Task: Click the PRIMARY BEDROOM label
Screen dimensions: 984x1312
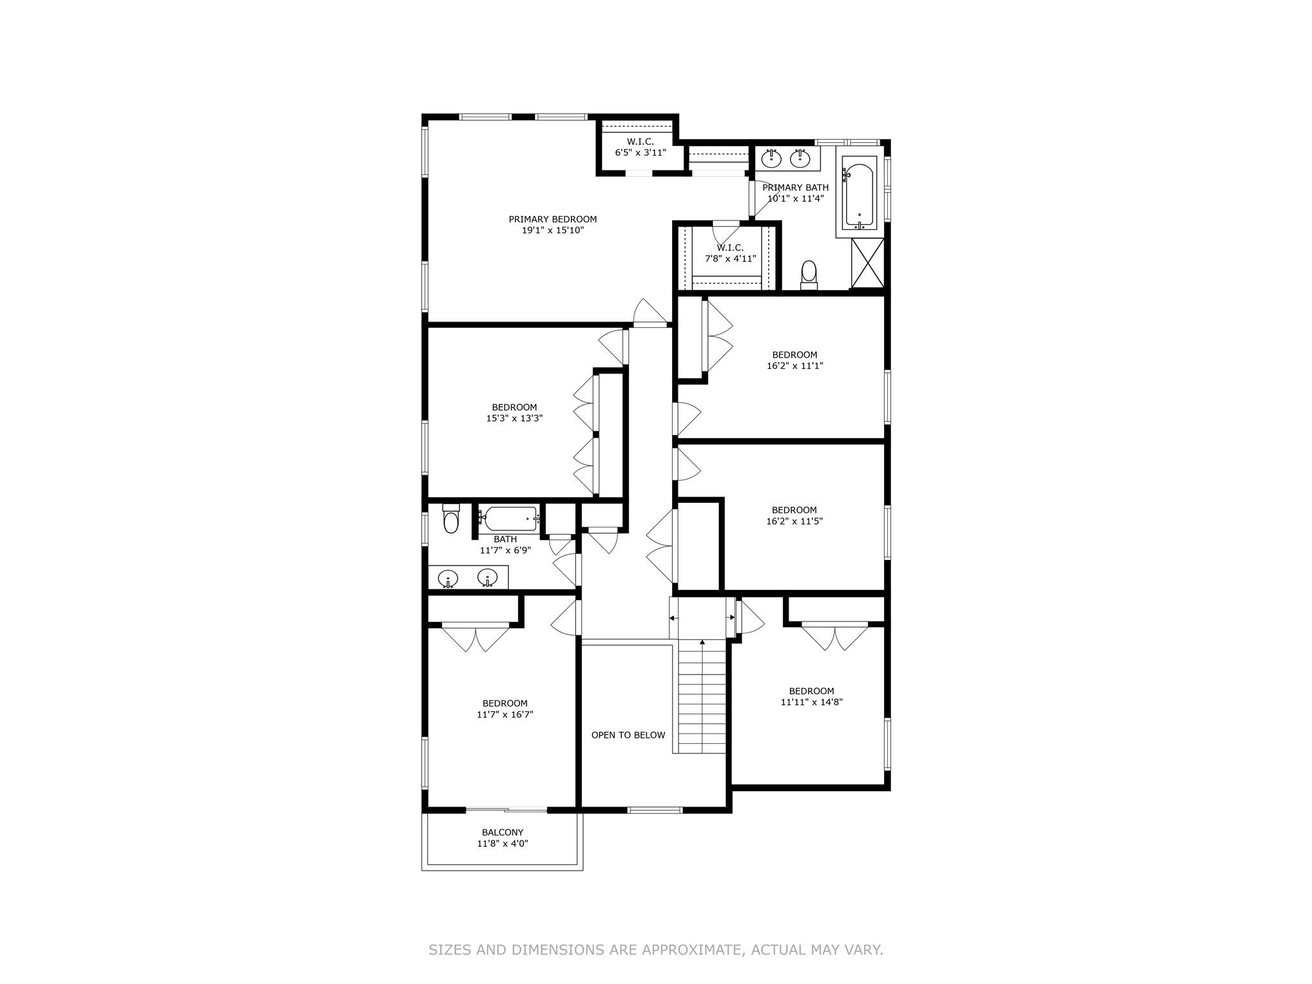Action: point(552,219)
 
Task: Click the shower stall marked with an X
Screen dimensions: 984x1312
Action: point(867,263)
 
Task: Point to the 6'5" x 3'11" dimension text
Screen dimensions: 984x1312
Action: point(640,153)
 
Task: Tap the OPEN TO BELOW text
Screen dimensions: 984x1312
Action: point(628,735)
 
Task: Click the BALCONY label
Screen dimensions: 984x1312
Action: point(502,832)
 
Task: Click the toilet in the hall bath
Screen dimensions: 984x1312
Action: point(451,520)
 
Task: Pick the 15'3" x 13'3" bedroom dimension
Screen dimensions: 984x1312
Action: point(514,418)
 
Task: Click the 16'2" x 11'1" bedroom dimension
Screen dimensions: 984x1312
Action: point(794,366)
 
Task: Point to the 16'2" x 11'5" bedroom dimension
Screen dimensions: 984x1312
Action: point(794,521)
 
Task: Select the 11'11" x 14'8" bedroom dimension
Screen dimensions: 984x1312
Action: point(811,701)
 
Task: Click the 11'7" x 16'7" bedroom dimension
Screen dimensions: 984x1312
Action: point(505,714)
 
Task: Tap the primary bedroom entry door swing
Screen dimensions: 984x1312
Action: point(650,313)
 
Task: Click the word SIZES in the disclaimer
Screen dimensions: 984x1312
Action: point(450,949)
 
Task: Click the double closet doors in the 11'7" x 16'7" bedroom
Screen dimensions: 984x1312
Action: point(475,638)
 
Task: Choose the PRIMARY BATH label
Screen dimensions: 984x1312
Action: point(795,188)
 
